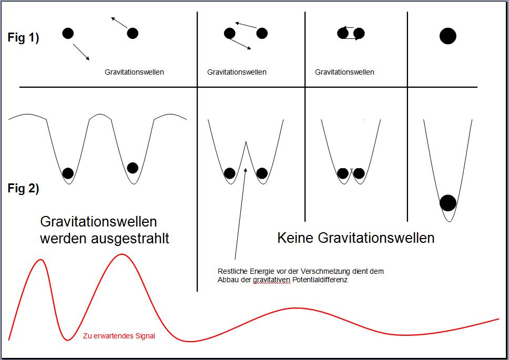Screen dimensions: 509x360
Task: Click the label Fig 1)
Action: (23, 38)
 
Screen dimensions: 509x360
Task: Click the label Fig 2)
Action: (23, 188)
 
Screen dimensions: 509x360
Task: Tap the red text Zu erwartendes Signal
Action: (119, 336)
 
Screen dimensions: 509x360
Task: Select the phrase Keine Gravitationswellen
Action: (356, 238)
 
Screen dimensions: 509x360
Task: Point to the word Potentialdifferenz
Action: (320, 280)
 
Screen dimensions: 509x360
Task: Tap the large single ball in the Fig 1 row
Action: (448, 36)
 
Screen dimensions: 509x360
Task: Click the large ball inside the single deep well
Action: (448, 203)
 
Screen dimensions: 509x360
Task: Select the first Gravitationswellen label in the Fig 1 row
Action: (134, 72)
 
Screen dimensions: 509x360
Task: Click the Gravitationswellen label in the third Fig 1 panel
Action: (344, 72)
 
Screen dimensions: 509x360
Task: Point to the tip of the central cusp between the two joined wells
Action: (246, 142)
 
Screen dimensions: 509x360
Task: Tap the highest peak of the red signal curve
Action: (122, 254)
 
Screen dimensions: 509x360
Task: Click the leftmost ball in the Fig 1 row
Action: (68, 33)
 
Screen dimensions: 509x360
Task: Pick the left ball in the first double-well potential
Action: (68, 173)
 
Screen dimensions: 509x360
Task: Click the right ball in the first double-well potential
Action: (133, 168)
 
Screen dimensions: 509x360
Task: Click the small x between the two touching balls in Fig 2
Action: (351, 170)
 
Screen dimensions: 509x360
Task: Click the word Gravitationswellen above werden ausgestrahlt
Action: (99, 222)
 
